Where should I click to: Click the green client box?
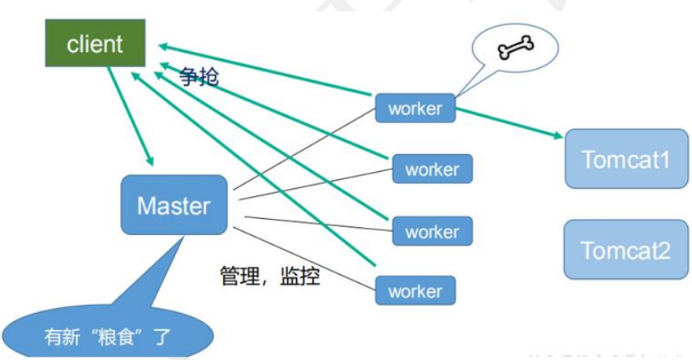tap(95, 44)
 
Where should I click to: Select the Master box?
tap(174, 205)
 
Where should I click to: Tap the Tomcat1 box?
tap(625, 158)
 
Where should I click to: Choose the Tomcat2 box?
tap(625, 249)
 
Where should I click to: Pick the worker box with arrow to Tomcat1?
tap(415, 109)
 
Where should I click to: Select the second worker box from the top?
tap(432, 169)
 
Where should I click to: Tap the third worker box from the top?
tap(432, 231)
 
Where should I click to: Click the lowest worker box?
tap(415, 291)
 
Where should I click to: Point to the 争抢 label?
tap(200, 78)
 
